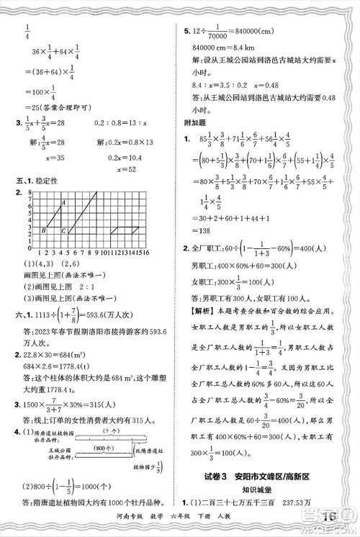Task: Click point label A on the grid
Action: coord(63,204)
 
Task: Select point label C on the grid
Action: coord(64,231)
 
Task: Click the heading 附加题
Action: coord(194,123)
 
